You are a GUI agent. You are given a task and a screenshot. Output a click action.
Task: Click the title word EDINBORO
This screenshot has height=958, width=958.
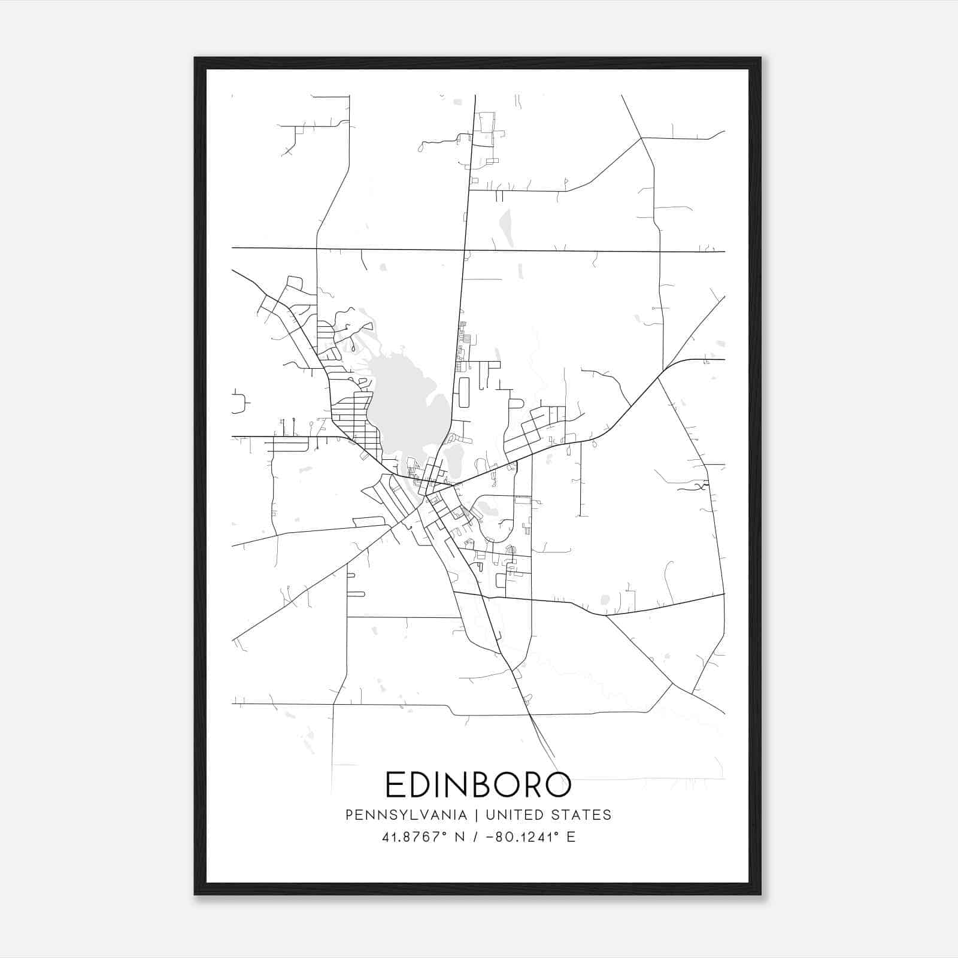click(x=478, y=785)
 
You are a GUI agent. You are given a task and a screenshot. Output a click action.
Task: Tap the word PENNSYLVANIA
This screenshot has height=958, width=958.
click(x=406, y=815)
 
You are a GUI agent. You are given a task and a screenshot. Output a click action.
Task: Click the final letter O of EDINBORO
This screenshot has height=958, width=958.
click(x=559, y=785)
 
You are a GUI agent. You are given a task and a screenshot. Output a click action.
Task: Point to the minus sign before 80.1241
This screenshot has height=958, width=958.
click(x=490, y=837)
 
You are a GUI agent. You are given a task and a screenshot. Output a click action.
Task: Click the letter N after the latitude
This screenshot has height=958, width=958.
click(x=460, y=837)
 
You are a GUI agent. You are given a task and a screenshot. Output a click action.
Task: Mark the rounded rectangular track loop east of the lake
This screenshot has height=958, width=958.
click(x=463, y=392)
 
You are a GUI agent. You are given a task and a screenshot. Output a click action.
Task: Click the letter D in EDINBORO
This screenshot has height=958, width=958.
click(x=422, y=785)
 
